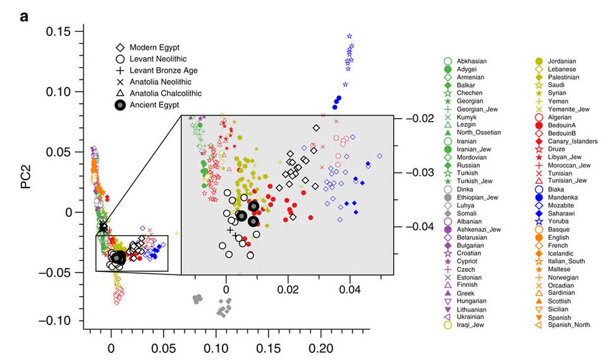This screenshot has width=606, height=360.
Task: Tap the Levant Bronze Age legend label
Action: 165,70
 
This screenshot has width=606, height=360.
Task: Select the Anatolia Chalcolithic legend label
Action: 165,93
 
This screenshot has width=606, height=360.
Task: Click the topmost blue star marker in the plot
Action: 349,36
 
